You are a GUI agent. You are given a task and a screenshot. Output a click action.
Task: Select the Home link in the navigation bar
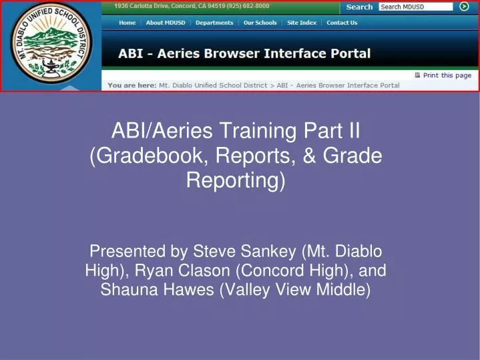[x=127, y=23]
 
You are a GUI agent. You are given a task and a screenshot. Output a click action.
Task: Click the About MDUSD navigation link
[x=166, y=23]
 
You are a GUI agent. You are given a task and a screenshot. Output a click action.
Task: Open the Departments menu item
[x=214, y=23]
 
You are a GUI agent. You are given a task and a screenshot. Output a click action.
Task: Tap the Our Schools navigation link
[x=260, y=23]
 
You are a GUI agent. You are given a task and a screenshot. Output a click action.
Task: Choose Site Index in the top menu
[x=302, y=23]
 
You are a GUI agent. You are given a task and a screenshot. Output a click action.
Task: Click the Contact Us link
[x=342, y=23]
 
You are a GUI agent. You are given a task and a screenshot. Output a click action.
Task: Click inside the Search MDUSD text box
[x=414, y=7]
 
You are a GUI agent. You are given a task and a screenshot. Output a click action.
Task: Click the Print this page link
[x=447, y=75]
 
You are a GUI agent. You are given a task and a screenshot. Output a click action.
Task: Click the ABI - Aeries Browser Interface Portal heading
[x=244, y=53]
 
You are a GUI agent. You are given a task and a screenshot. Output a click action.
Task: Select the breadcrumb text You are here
[x=132, y=85]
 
